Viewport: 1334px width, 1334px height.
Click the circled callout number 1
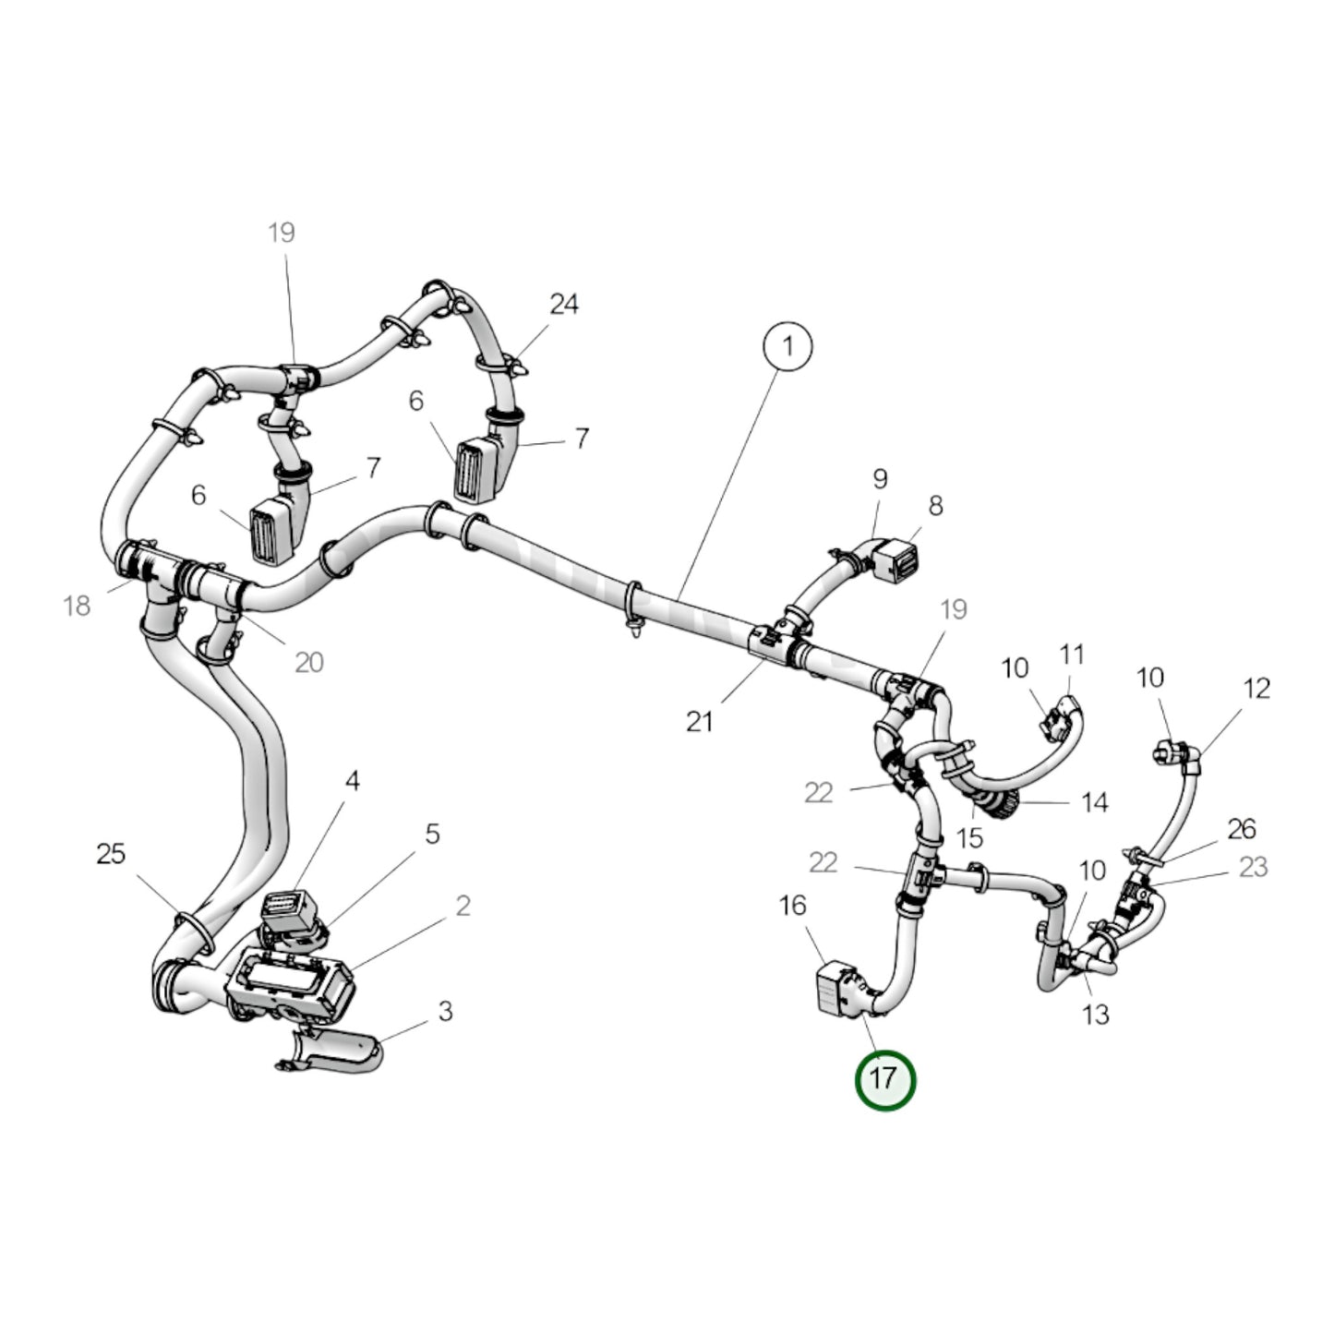coord(787,346)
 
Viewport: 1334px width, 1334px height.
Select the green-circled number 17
coord(884,1078)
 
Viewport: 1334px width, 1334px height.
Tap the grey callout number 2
coord(463,906)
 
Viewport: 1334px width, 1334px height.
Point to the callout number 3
coord(445,1011)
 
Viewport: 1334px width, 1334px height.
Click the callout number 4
coord(352,781)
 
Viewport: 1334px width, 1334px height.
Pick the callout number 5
coord(432,834)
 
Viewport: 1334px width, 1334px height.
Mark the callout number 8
coord(935,505)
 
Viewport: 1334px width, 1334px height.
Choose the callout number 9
coord(880,478)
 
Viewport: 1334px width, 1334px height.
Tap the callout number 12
coord(1256,688)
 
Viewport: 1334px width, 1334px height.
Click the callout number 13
coord(1095,1015)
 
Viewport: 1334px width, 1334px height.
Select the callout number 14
coord(1094,802)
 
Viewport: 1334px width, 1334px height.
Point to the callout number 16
coord(792,906)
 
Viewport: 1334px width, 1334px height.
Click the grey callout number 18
coord(77,606)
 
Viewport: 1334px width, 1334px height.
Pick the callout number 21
coord(699,721)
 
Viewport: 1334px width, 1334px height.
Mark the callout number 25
coord(110,854)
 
